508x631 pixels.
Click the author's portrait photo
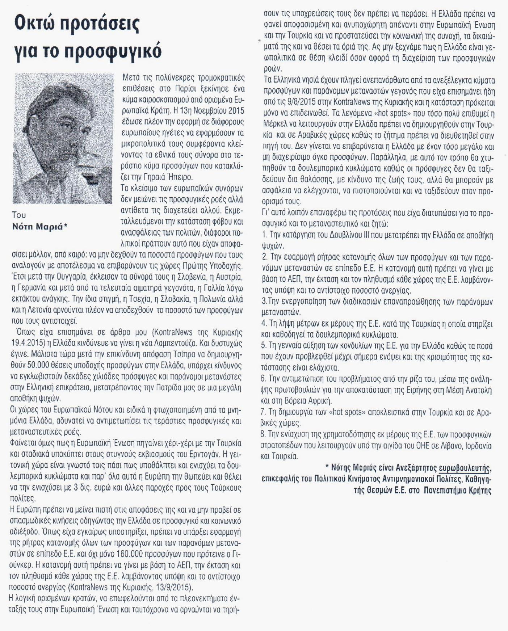[63, 138]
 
